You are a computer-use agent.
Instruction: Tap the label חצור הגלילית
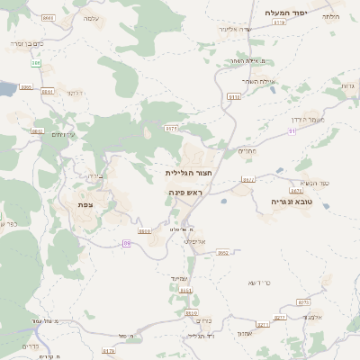[x=188, y=172]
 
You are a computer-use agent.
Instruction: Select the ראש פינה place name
[x=187, y=193]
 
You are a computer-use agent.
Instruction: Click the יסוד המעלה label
[x=287, y=13]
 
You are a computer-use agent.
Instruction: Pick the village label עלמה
[x=91, y=18]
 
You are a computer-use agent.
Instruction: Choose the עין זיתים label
[x=63, y=134]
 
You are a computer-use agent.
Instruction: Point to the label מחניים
[x=247, y=151]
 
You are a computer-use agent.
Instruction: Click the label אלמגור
[x=312, y=316]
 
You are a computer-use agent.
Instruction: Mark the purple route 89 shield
[x=127, y=243]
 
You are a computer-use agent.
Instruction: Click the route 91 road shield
[x=292, y=131]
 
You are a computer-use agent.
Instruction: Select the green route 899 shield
[x=36, y=63]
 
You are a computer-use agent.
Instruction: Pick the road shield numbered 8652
[x=222, y=253]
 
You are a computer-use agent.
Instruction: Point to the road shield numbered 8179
[x=109, y=351]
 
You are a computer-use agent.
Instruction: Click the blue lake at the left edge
[x=5, y=89]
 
